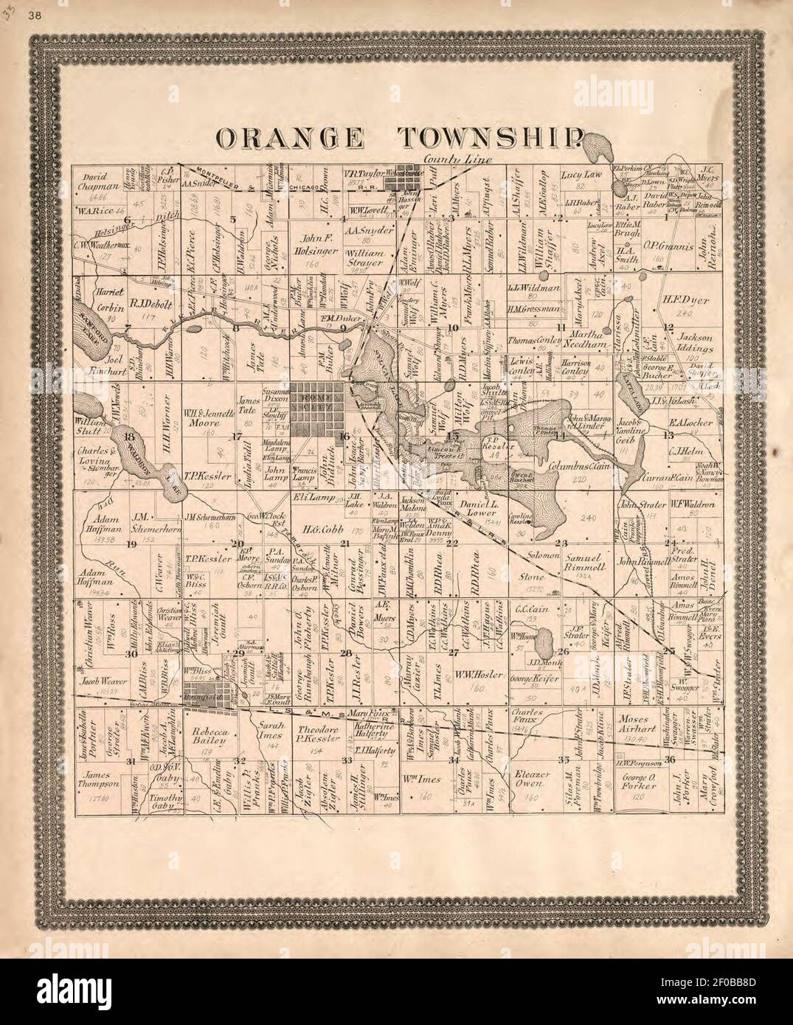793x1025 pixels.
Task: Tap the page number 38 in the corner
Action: (x=34, y=18)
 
